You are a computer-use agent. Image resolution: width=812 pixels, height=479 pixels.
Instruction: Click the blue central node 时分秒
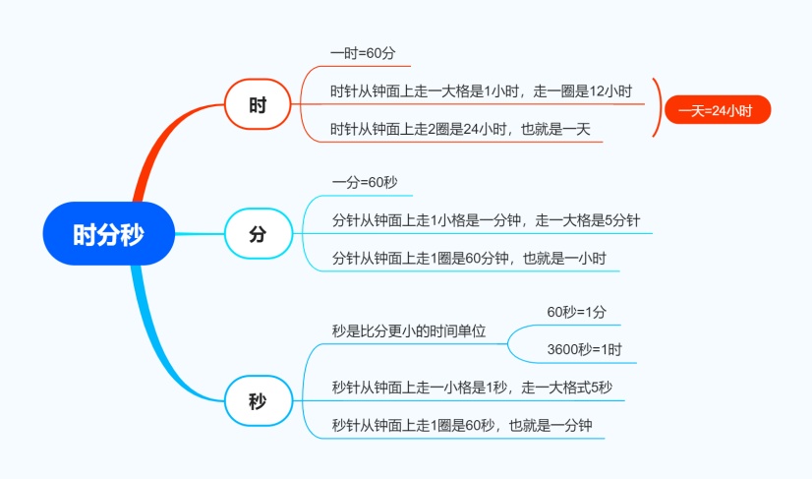[109, 234]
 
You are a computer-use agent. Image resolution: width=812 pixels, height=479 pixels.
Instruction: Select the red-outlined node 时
[258, 104]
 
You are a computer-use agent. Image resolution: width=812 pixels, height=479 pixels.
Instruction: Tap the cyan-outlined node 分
[258, 234]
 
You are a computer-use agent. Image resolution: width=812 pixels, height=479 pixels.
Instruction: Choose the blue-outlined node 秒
[258, 400]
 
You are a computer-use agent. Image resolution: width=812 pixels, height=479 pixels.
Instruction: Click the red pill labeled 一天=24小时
[718, 110]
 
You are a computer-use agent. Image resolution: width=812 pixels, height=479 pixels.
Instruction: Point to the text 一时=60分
[363, 53]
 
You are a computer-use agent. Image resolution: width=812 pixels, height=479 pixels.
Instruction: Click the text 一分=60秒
[365, 183]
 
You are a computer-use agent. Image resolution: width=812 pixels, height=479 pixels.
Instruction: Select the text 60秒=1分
[576, 312]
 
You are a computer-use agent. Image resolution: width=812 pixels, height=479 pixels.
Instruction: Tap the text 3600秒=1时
[584, 349]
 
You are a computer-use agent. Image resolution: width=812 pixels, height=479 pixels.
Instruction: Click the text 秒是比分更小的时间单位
[409, 330]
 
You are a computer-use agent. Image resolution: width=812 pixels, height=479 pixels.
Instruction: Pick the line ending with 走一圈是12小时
[481, 91]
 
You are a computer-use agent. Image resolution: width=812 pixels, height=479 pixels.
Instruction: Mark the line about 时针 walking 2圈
[460, 129]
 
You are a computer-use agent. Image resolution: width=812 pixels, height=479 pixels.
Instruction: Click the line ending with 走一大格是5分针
[486, 220]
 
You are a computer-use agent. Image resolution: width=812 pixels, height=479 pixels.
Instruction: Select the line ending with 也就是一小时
[469, 258]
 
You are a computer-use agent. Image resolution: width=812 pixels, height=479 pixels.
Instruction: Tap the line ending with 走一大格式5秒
[472, 388]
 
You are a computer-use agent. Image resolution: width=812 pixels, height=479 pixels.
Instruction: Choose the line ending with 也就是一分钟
[462, 426]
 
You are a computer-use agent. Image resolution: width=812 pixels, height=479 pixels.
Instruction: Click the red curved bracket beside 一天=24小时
[660, 108]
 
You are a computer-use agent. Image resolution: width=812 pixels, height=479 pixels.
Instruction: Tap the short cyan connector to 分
[200, 234]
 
